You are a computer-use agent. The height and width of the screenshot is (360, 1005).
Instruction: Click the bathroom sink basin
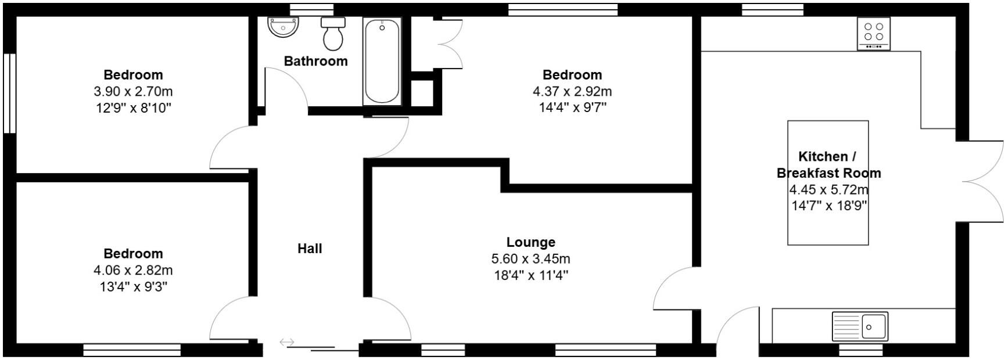(x=284, y=27)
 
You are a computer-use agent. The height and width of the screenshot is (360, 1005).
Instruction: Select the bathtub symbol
(x=382, y=61)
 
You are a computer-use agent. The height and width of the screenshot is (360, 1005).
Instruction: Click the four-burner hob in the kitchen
(x=873, y=33)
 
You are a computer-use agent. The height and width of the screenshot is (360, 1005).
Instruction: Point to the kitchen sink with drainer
(x=860, y=326)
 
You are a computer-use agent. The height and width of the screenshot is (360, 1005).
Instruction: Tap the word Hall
(x=310, y=249)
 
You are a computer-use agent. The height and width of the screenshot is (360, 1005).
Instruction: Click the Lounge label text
(x=530, y=242)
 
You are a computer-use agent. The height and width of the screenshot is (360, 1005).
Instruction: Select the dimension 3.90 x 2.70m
(x=133, y=91)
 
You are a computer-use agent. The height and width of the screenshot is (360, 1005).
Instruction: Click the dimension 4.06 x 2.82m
(x=133, y=270)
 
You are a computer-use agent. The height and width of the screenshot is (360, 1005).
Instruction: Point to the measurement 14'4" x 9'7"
(x=572, y=107)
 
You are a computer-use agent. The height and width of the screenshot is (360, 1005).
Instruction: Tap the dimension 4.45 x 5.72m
(x=828, y=189)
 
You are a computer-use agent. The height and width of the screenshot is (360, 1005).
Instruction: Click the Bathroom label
(x=315, y=61)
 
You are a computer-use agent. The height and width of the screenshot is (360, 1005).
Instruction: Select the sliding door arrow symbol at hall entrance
(x=287, y=342)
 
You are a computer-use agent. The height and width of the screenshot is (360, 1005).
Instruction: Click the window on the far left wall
(x=9, y=93)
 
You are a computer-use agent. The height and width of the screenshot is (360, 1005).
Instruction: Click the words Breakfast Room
(x=828, y=173)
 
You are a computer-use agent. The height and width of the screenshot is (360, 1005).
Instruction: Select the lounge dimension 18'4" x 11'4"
(x=530, y=275)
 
